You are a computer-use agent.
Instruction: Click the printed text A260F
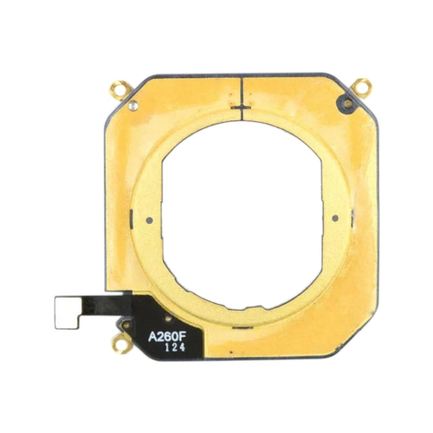pyautogui.click(x=168, y=334)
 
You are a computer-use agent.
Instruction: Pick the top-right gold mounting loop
pyautogui.click(x=363, y=86)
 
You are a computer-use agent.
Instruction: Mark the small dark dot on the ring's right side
pyautogui.click(x=334, y=218)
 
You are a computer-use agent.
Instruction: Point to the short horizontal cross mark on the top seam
pyautogui.click(x=240, y=106)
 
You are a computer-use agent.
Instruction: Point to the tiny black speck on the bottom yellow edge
pyautogui.click(x=230, y=352)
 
